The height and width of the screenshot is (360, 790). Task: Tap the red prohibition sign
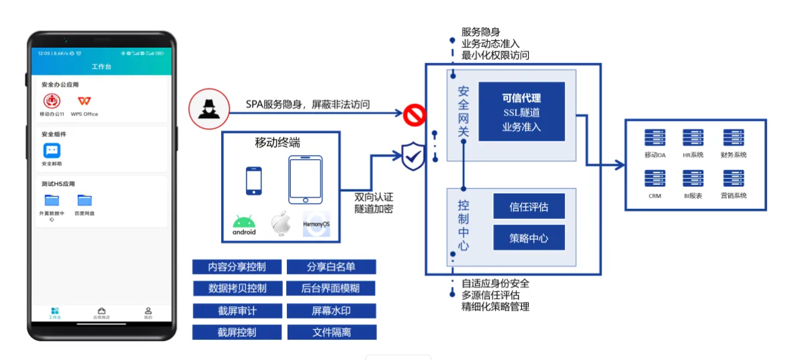tap(414, 116)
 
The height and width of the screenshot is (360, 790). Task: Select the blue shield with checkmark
tap(412, 157)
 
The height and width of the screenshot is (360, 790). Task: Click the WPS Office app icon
tap(84, 101)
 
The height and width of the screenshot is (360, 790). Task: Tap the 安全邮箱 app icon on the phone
tap(52, 151)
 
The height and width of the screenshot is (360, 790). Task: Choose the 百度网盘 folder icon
tap(84, 200)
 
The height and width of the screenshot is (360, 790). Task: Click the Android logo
tap(244, 222)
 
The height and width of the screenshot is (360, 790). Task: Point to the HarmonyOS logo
tap(316, 224)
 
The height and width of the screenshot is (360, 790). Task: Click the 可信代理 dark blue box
tap(521, 111)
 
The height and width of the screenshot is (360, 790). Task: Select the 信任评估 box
tap(529, 206)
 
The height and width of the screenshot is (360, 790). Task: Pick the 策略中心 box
tap(529, 238)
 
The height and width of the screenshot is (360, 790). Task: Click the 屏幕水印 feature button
tap(331, 310)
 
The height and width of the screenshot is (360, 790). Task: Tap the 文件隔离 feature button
tap(331, 332)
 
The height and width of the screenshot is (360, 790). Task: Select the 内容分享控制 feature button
tap(236, 267)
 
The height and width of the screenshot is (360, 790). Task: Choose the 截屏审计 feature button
tap(236, 310)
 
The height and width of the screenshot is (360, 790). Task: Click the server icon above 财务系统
tap(733, 138)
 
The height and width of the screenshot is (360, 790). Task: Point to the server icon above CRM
tap(654, 179)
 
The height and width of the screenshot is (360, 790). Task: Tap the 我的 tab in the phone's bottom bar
tap(148, 312)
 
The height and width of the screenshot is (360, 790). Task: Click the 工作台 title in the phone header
tap(101, 67)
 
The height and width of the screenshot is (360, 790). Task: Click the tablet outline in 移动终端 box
tap(305, 179)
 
